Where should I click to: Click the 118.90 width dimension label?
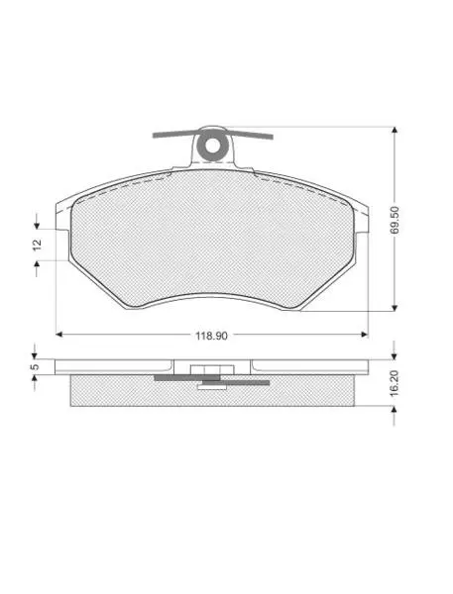click(211, 336)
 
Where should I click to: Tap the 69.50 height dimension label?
click(395, 220)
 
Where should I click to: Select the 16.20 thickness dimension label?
click(395, 383)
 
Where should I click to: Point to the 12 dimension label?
click(38, 245)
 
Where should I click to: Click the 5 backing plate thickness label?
click(35, 366)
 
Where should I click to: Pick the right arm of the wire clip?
click(250, 135)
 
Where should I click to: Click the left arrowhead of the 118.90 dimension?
click(59, 335)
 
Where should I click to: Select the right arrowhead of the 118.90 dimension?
click(365, 335)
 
